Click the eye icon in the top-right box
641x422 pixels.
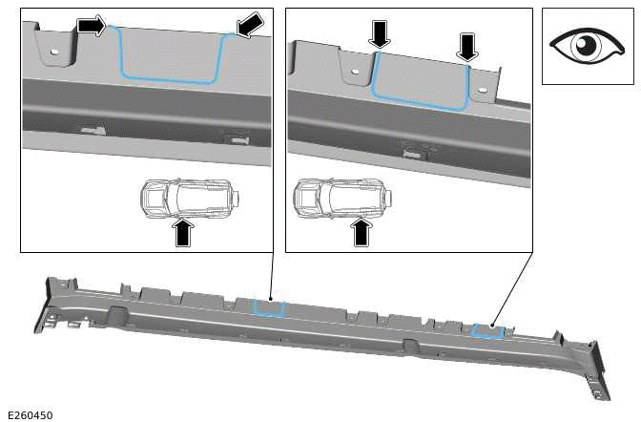pyautogui.click(x=583, y=46)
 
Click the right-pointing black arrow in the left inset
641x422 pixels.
pyautogui.click(x=92, y=26)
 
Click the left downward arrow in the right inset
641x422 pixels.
pyautogui.click(x=380, y=35)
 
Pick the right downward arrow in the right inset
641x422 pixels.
pyautogui.click(x=466, y=44)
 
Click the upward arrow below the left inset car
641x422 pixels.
pyautogui.click(x=185, y=233)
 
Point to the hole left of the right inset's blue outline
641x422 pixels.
pyautogui.click(x=355, y=71)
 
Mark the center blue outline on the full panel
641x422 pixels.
pyautogui.click(x=268, y=307)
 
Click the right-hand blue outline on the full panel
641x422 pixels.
pyautogui.click(x=488, y=330)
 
